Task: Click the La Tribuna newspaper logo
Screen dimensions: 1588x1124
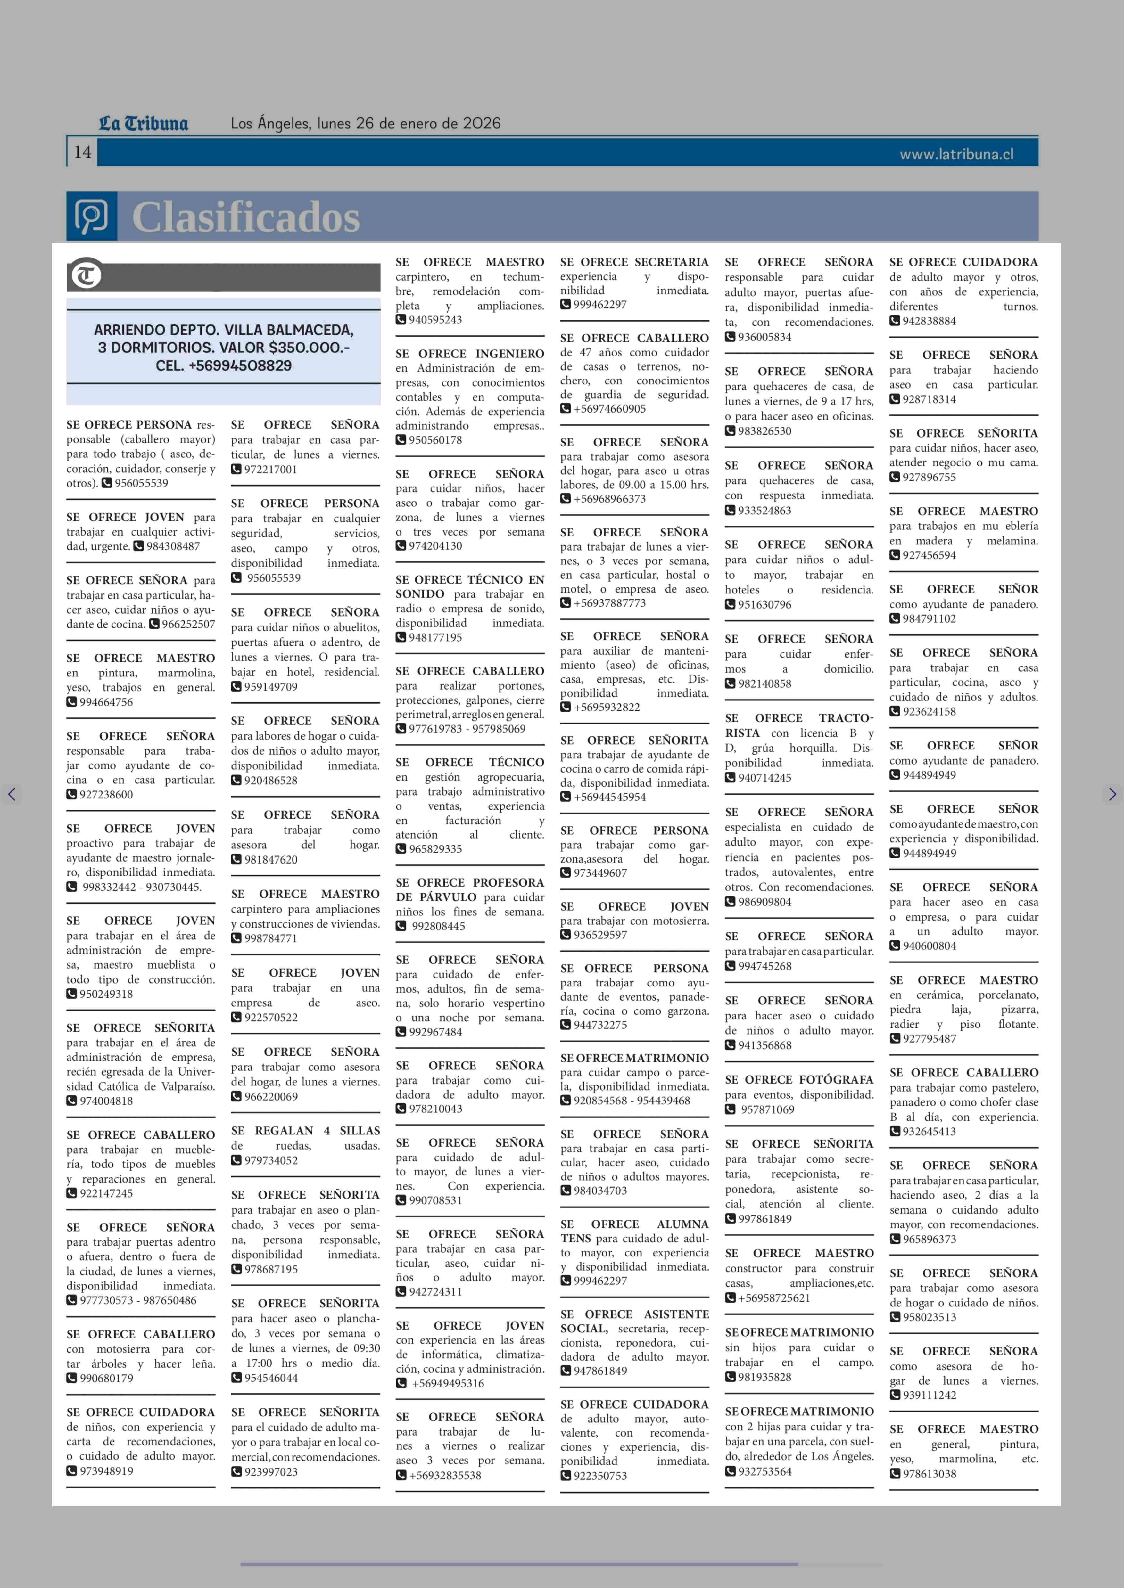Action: (x=143, y=124)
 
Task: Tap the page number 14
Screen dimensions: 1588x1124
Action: (x=82, y=152)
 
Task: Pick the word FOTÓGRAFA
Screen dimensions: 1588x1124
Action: (x=836, y=1079)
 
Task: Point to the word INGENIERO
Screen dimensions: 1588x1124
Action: (x=509, y=354)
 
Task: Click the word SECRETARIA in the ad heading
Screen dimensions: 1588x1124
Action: (x=671, y=262)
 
